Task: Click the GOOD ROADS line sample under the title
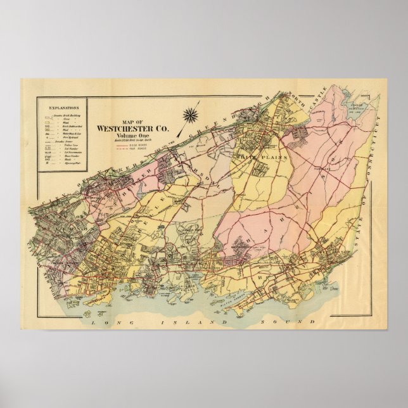click(124, 145)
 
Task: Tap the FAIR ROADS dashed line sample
click(124, 148)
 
